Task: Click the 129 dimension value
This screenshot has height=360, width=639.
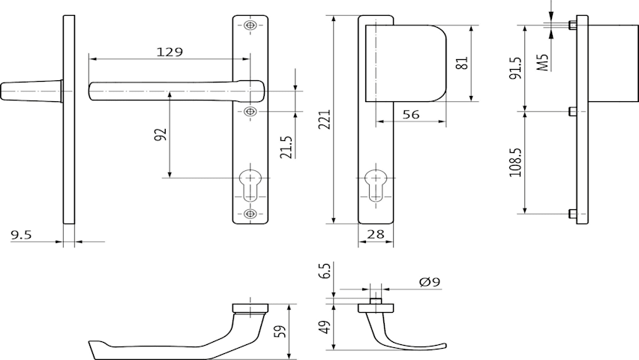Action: pyautogui.click(x=169, y=52)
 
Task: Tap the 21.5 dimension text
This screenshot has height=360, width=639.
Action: pyautogui.click(x=286, y=147)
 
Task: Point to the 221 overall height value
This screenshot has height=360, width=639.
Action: pyautogui.click(x=325, y=119)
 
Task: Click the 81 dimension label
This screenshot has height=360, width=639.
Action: pyautogui.click(x=463, y=63)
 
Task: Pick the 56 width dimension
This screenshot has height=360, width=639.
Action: pyautogui.click(x=410, y=115)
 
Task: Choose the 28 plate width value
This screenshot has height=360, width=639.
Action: pyautogui.click(x=375, y=234)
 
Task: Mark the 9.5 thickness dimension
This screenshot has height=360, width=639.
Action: pyautogui.click(x=21, y=235)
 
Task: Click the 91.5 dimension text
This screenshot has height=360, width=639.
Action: pyautogui.click(x=515, y=67)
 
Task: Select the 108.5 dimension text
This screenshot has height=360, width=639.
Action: pyautogui.click(x=515, y=162)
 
